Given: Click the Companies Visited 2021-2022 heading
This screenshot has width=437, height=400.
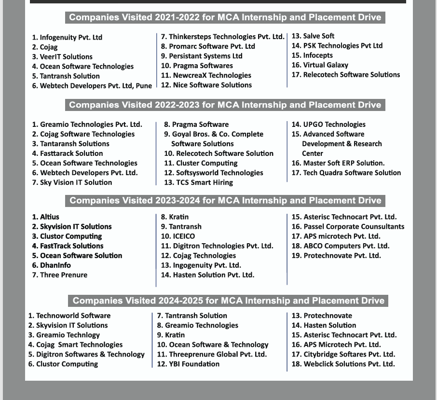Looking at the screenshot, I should click(225, 17).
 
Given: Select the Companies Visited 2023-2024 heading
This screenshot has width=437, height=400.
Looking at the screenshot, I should click(225, 200).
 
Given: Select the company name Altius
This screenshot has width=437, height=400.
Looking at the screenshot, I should click(50, 217).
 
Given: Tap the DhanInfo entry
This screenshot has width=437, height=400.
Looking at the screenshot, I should click(55, 265).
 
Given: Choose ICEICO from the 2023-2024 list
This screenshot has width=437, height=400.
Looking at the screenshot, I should click(184, 236).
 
